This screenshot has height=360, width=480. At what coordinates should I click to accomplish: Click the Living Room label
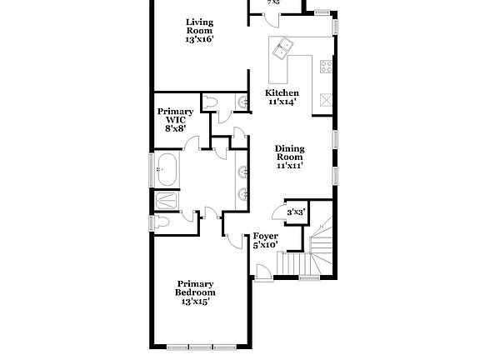click(200, 31)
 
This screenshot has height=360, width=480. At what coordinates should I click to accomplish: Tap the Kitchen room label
click(282, 97)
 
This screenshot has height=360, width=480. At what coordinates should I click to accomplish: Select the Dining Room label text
click(290, 157)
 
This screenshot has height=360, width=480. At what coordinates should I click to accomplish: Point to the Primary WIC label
click(175, 120)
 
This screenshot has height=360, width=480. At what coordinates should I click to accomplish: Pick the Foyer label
click(266, 240)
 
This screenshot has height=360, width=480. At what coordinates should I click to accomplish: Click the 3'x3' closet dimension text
click(296, 212)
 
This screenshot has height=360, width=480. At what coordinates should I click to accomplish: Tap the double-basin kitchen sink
click(283, 48)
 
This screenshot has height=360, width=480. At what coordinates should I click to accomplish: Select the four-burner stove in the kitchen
click(325, 66)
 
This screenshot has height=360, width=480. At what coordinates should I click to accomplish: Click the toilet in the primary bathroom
click(162, 222)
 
